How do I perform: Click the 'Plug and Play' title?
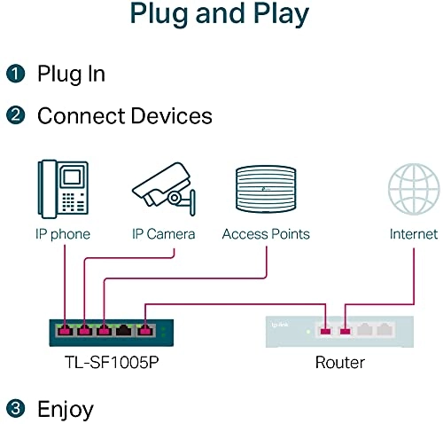pyautogui.click(x=221, y=15)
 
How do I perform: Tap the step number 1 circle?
pyautogui.click(x=15, y=74)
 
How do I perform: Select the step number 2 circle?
pyautogui.click(x=15, y=116)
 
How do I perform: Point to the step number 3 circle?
pyautogui.click(x=15, y=409)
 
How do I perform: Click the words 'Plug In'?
pyautogui.click(x=71, y=74)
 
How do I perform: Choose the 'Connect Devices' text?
pyautogui.click(x=124, y=116)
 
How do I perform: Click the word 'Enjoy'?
pyautogui.click(x=65, y=409)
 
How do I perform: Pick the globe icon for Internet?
pyautogui.click(x=413, y=188)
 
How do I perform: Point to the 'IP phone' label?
pyautogui.click(x=61, y=234)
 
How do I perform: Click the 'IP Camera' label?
pyautogui.click(x=163, y=234)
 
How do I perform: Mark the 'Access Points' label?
pyautogui.click(x=266, y=234)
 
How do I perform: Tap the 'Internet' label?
pyautogui.click(x=414, y=234)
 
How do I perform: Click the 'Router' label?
pyautogui.click(x=339, y=363)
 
